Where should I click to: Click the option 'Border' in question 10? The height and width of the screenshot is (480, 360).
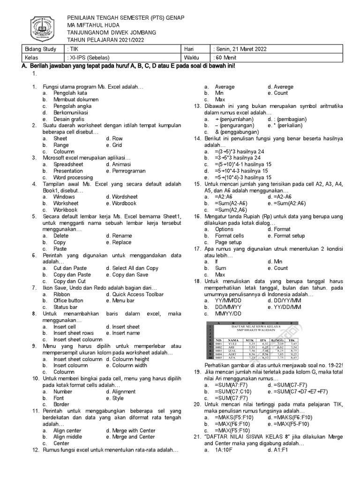[61, 404]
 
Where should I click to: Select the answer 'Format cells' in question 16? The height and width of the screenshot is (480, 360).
[229, 236]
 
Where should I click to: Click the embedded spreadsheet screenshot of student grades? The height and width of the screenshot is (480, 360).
[251, 341]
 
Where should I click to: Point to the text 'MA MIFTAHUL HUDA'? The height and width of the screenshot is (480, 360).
[93, 25]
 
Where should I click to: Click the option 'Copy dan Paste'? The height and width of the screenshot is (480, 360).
[72, 275]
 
